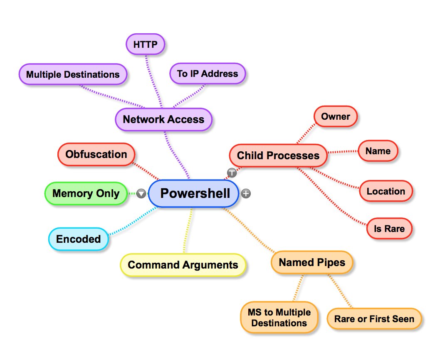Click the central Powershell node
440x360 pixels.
tap(194, 193)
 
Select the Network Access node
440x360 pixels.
tap(163, 120)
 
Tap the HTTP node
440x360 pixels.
tap(145, 44)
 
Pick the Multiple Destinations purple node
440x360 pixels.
tap(73, 75)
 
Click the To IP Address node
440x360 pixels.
tap(208, 74)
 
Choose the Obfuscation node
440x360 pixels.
tap(96, 155)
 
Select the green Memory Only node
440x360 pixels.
tap(86, 193)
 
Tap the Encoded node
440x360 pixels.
tap(79, 239)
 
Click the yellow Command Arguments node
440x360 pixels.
tap(183, 265)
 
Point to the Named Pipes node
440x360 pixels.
tap(312, 263)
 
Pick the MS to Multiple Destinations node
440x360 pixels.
tap(279, 318)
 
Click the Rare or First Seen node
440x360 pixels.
tap(374, 319)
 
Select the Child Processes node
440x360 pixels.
tap(278, 156)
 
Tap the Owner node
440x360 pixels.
tap(335, 117)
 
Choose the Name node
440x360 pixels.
tap(378, 151)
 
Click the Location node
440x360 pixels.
tap(386, 192)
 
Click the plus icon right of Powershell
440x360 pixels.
tap(246, 193)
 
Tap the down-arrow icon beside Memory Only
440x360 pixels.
tap(141, 193)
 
